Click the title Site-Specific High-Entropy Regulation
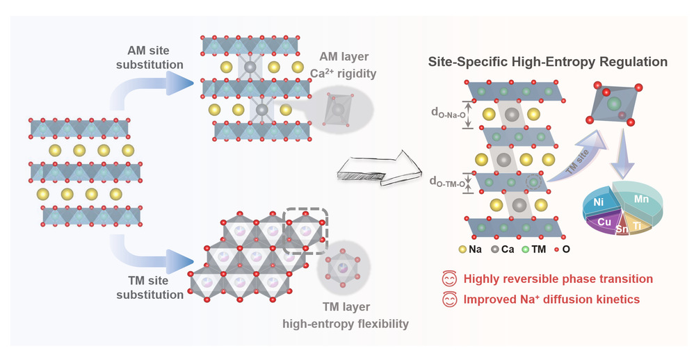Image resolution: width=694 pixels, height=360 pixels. tap(548, 62)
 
